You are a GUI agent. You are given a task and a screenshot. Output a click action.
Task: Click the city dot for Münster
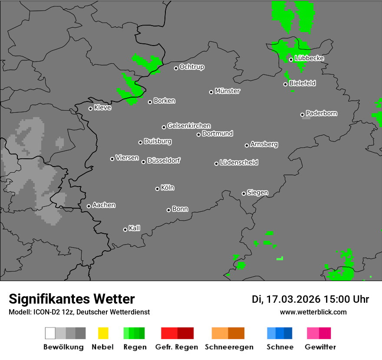pos(211,92)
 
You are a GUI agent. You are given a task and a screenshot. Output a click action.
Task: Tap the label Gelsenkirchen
pos(189,126)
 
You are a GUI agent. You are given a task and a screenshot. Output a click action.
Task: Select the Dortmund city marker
pos(198,134)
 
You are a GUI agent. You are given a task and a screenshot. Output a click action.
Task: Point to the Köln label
pos(168,188)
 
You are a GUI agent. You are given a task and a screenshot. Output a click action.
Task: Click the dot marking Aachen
pos(89,206)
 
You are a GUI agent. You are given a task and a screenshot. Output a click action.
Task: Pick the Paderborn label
pos(322,113)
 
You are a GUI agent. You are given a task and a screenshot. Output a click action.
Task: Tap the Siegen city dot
pos(244,193)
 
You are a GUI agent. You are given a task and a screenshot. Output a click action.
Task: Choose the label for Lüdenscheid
pos(239,163)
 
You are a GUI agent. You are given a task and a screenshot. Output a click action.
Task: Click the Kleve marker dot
pos(90,108)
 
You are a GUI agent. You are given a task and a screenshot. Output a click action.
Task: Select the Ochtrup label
pos(192,67)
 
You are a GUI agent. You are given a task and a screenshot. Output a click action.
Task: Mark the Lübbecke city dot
pos(291,59)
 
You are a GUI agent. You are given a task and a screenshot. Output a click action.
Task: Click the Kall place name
pos(135,228)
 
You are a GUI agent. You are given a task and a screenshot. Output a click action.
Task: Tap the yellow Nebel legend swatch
pos(103,333)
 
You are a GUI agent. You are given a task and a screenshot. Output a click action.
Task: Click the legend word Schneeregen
pos(229,347)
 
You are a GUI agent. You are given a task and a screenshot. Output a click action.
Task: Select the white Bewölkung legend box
pos(50,333)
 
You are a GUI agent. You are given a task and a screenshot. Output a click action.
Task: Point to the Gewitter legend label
pos(320,347)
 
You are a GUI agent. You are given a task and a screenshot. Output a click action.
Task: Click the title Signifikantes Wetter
pos(72,299)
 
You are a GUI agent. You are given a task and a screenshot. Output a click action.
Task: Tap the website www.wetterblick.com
pos(313,312)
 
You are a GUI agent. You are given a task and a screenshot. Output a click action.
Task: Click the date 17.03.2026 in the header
pos(293,299)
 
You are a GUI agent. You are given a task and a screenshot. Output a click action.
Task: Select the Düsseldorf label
pos(164,160)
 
